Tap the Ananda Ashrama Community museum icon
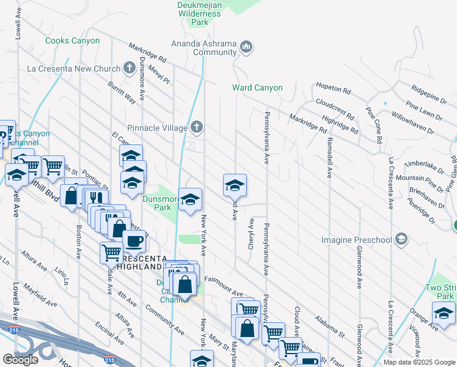click(x=246, y=46)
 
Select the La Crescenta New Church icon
click(x=129, y=68)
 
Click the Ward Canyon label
click(x=257, y=87)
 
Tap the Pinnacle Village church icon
click(x=196, y=127)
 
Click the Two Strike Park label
click(x=441, y=292)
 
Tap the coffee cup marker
click(x=134, y=240)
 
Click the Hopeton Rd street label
click(x=334, y=90)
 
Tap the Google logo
click(x=21, y=360)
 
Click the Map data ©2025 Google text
click(x=420, y=362)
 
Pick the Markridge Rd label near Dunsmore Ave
click(x=147, y=53)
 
